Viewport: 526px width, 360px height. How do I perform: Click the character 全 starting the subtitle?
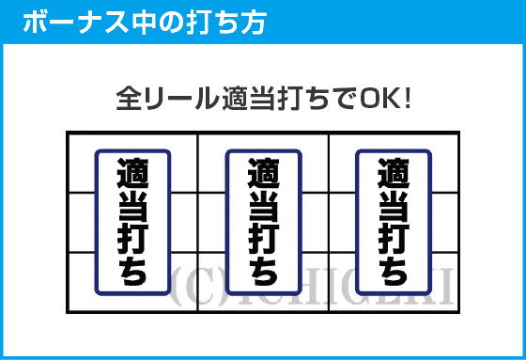(128, 98)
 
